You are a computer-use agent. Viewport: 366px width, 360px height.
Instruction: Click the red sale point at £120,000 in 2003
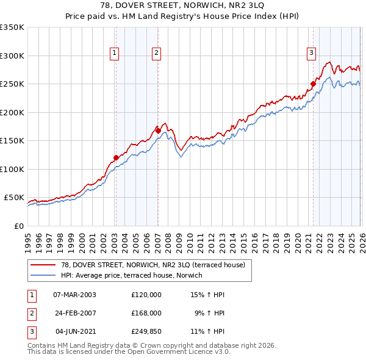116,157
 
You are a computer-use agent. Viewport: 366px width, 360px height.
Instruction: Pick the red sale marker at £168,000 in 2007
158,131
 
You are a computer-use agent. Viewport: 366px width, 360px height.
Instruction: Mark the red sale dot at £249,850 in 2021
313,84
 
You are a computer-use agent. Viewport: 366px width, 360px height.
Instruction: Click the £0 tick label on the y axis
18,226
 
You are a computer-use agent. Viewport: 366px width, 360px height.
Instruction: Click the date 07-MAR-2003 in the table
74,294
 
